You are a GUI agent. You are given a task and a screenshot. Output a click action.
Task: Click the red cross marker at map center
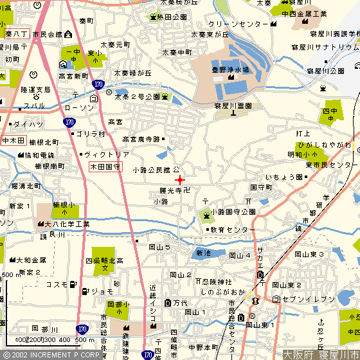(180, 179)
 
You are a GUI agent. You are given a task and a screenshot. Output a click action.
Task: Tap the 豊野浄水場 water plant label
(231, 69)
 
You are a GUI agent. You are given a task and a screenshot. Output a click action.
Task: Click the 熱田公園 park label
(172, 17)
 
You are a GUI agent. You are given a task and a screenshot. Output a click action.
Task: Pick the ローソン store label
(80, 108)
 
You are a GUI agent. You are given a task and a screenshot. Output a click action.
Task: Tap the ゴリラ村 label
(90, 134)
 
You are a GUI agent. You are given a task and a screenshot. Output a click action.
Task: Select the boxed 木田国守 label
(104, 166)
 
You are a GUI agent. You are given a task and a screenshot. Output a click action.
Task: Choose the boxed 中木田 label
(13, 141)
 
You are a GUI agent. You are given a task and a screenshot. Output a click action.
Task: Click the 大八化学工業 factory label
(71, 224)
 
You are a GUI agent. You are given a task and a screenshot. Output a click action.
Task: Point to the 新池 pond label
(203, 253)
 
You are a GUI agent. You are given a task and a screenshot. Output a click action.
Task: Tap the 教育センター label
(233, 230)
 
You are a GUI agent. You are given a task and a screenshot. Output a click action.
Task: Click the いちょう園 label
(284, 177)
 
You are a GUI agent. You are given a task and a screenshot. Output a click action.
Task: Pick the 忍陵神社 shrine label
(217, 282)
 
